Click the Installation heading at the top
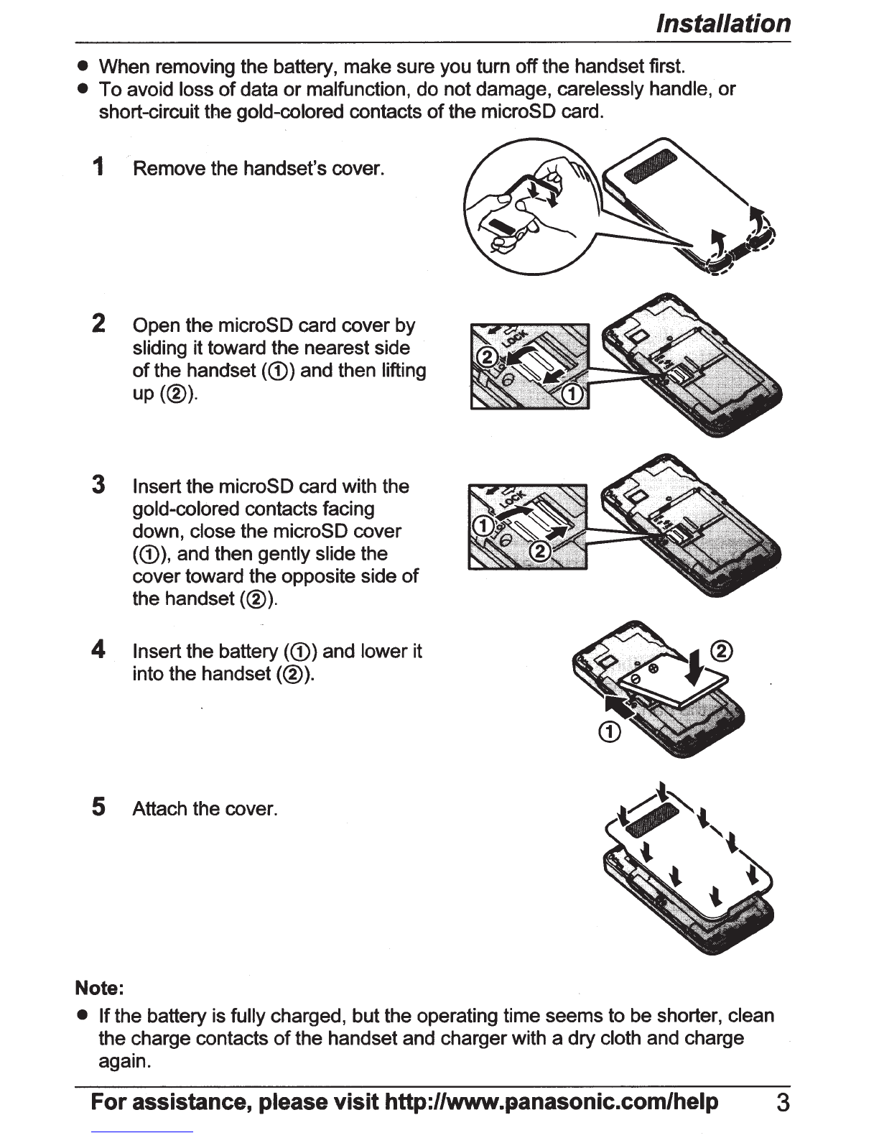pos(723,24)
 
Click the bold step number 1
pos(98,167)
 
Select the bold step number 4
pos(98,649)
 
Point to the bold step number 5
pos(98,807)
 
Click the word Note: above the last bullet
pos(100,988)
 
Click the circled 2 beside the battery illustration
pos(722,652)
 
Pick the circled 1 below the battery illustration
pos(610,732)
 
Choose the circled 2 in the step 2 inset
pos(486,358)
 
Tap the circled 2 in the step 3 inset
pos(541,552)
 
